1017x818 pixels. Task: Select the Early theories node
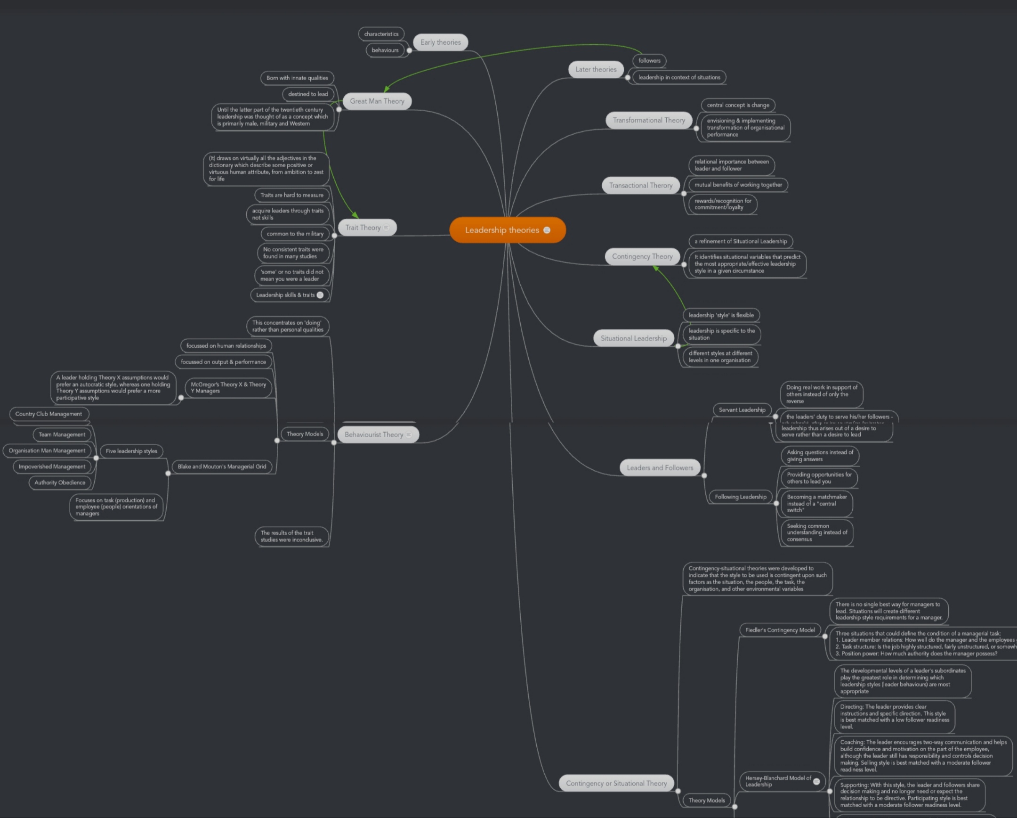click(440, 42)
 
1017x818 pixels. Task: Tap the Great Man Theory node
click(377, 101)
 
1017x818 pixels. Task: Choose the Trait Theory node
click(363, 228)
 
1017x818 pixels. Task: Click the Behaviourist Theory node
click(373, 434)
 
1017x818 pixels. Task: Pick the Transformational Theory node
click(649, 120)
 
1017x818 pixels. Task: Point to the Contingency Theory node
click(642, 256)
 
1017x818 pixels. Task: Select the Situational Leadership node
click(633, 338)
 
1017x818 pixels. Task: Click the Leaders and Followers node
click(660, 468)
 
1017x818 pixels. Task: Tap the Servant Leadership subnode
click(742, 410)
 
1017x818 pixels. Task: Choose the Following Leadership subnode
click(740, 497)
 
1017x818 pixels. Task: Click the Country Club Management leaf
click(48, 414)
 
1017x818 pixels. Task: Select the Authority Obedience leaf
click(60, 483)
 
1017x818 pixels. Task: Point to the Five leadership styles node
click(131, 451)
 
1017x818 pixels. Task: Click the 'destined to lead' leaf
click(308, 94)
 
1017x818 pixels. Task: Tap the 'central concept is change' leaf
click(738, 105)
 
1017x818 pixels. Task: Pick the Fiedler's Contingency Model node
click(780, 630)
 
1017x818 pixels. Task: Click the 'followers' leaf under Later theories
click(649, 60)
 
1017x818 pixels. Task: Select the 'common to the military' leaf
click(295, 234)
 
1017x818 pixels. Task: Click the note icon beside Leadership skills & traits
click(320, 295)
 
